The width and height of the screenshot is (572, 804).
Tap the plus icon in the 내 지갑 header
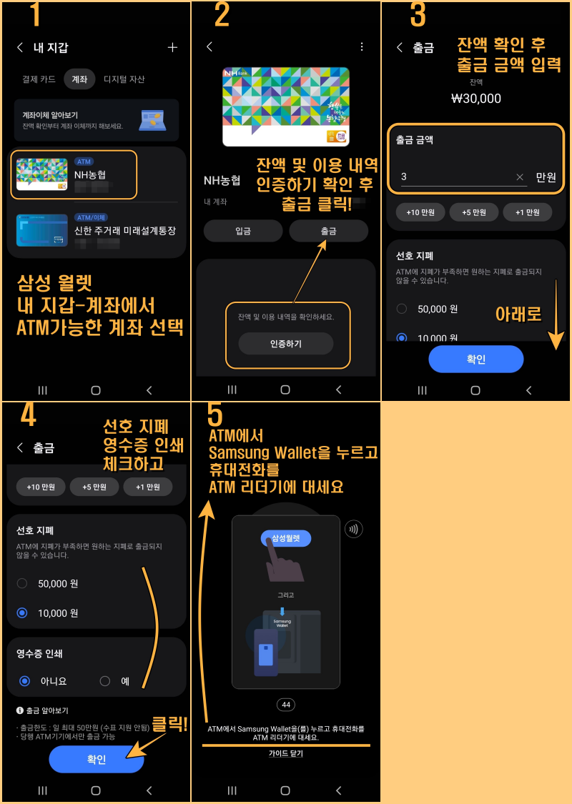(x=172, y=48)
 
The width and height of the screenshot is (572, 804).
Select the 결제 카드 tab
(x=39, y=79)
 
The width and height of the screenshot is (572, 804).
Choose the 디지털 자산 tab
(x=124, y=79)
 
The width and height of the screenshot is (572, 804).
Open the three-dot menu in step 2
(x=362, y=46)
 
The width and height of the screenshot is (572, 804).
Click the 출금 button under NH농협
(x=328, y=231)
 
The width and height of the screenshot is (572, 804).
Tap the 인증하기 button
(x=285, y=344)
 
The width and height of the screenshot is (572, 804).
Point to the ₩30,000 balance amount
(x=476, y=99)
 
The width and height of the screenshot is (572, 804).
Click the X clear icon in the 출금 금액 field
(x=520, y=177)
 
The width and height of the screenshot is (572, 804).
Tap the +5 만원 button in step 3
(x=474, y=212)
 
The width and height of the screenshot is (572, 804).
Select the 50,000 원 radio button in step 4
(x=22, y=584)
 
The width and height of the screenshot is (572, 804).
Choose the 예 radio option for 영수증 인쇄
(x=105, y=681)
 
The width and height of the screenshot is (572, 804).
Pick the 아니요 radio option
(x=25, y=681)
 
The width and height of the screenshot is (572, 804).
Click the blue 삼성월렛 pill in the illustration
(x=285, y=538)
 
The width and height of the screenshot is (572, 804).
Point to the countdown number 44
(x=286, y=705)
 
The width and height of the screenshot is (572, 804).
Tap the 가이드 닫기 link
(x=285, y=753)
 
